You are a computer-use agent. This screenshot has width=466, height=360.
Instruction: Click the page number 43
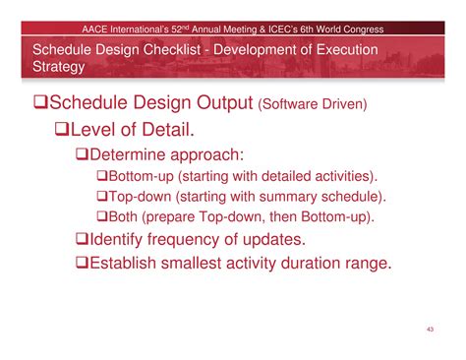[430, 328]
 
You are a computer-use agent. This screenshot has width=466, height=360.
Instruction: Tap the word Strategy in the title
[58, 67]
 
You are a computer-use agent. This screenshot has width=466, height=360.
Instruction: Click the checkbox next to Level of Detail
[63, 131]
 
